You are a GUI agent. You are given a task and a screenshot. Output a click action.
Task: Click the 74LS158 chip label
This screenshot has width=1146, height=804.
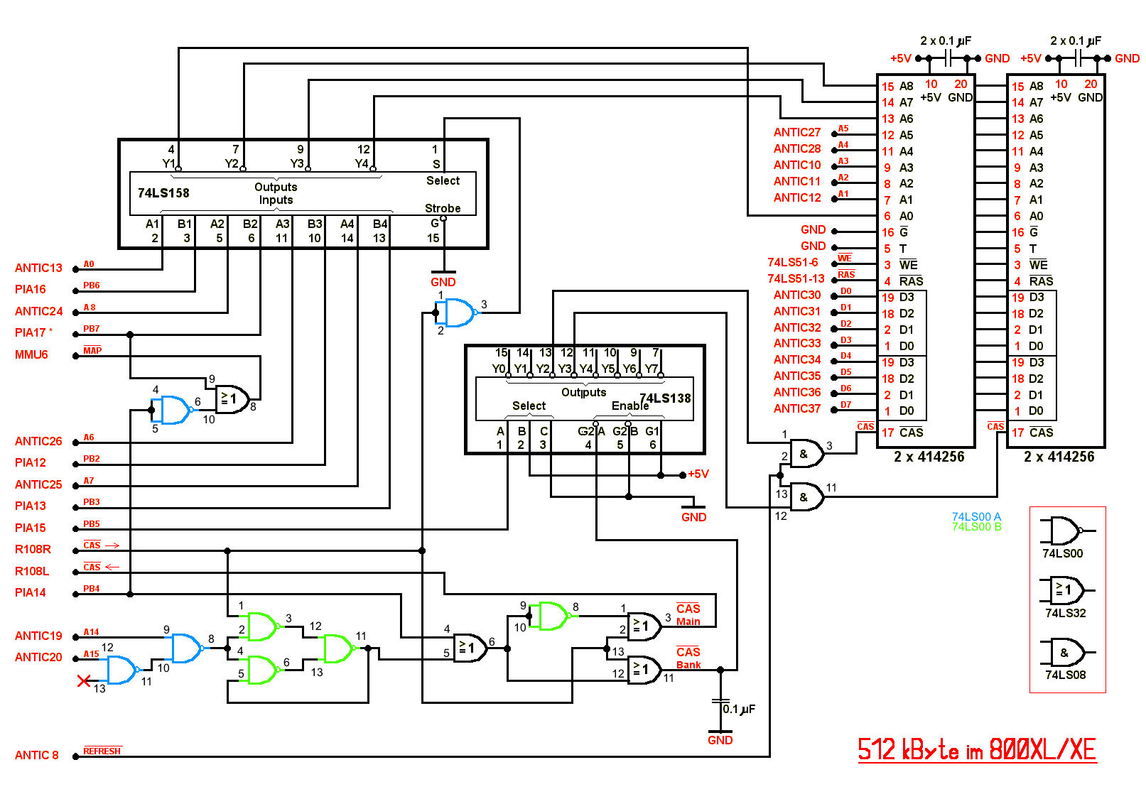(163, 193)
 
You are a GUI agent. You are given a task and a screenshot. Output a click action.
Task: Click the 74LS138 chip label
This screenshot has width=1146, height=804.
(665, 398)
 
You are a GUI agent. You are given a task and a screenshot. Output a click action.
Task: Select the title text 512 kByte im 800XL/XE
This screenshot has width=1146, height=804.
(977, 750)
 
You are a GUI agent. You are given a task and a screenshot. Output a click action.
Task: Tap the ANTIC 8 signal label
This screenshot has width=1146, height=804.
(37, 755)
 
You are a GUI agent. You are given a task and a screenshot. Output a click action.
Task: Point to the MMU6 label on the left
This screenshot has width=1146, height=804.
(31, 354)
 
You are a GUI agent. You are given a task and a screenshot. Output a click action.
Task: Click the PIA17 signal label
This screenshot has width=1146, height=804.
(31, 332)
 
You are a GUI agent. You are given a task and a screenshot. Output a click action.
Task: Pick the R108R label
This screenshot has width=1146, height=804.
(33, 549)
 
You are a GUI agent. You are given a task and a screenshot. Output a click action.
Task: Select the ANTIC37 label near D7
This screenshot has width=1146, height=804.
(796, 408)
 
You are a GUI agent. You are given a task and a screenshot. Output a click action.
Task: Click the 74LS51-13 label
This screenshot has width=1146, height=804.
(796, 278)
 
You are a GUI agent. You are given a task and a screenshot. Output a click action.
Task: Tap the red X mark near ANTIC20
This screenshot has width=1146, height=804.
(84, 681)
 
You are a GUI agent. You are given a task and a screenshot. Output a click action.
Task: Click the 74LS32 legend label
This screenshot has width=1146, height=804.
(1065, 613)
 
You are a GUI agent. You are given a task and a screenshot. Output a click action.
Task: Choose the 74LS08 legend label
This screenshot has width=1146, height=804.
(1065, 675)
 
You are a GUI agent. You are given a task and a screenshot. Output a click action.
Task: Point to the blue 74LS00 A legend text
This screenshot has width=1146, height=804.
(976, 516)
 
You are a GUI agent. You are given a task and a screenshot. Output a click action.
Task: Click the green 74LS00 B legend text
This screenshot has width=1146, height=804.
(976, 527)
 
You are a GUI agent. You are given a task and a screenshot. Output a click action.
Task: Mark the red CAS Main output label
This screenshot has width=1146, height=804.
(688, 615)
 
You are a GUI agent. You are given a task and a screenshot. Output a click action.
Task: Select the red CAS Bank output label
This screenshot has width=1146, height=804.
(688, 658)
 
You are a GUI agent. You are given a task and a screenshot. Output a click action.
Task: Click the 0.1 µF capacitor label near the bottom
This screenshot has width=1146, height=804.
(739, 709)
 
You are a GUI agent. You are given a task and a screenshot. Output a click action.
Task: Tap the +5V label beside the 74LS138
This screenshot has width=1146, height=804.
(698, 474)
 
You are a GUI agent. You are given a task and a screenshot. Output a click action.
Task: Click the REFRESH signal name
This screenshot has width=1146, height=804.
(102, 751)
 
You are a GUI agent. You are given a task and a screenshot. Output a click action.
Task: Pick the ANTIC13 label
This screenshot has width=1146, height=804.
(38, 268)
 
